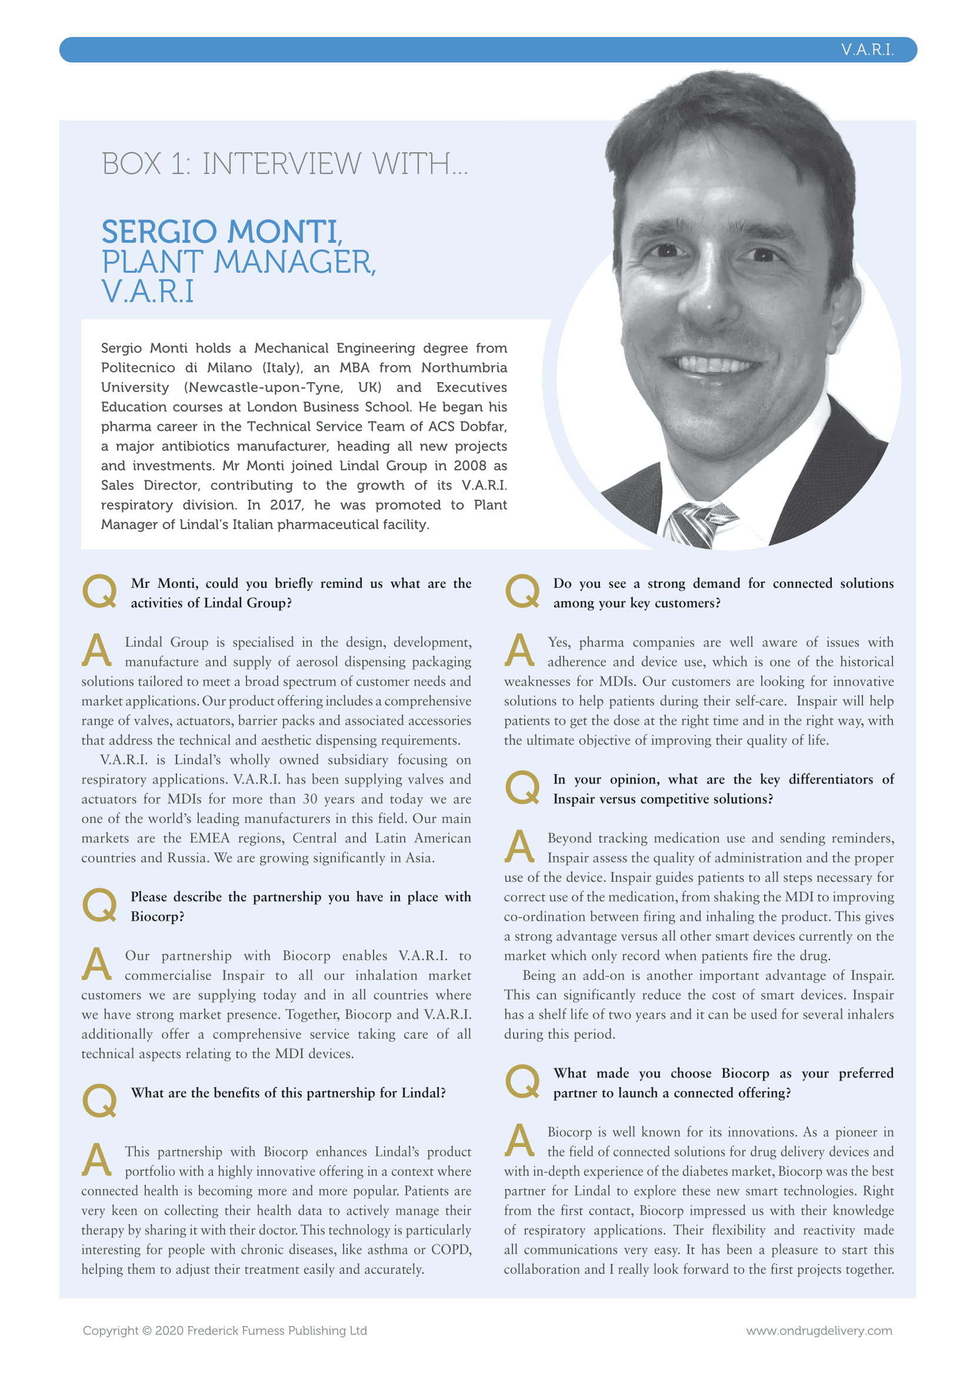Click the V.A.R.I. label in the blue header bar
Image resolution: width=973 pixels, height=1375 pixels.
tap(867, 50)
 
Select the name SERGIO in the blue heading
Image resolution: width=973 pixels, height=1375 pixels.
tap(159, 232)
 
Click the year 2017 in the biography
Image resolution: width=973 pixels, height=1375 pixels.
tap(286, 505)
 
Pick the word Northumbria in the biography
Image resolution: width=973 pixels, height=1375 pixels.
tap(464, 367)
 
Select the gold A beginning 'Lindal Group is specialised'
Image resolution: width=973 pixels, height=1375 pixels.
tap(96, 650)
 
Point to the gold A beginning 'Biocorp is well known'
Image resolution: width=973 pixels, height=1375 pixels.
tap(519, 1140)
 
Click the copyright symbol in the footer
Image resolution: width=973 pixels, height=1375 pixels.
tap(146, 1330)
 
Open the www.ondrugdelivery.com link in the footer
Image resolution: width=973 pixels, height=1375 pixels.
tap(818, 1330)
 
